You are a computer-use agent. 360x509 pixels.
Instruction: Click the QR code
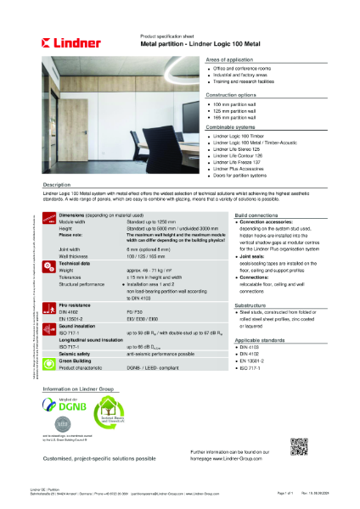297,447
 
